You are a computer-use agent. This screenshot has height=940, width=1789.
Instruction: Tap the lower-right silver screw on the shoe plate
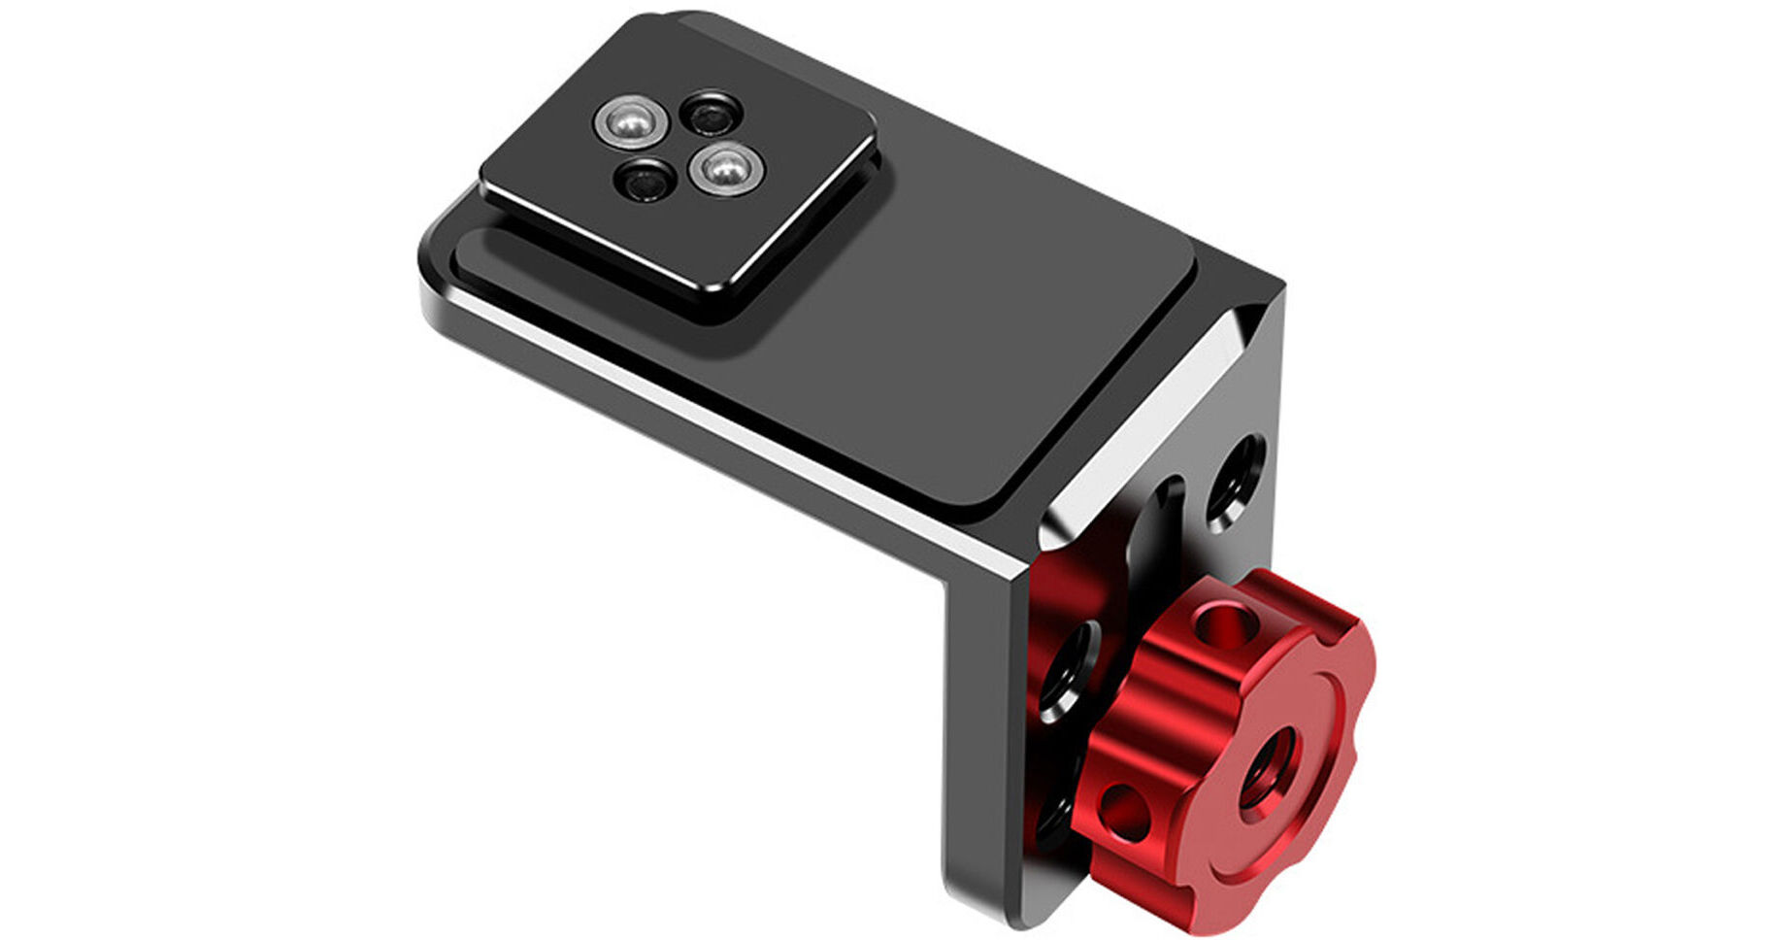tap(728, 170)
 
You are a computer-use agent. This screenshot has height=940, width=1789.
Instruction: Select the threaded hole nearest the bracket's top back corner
tap(1234, 481)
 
